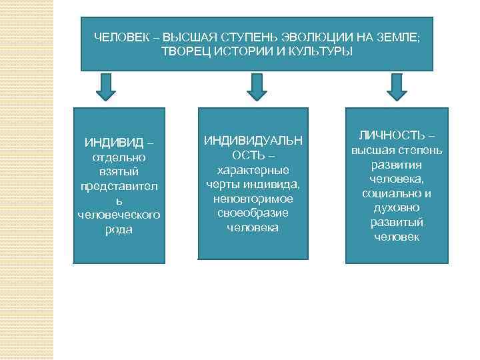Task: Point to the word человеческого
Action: coord(118,215)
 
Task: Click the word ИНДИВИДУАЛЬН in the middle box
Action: coord(253,141)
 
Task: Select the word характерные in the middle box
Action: coord(253,170)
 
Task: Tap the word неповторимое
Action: coord(253,199)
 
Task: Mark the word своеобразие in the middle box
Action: coord(253,213)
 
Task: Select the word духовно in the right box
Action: coord(397,208)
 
